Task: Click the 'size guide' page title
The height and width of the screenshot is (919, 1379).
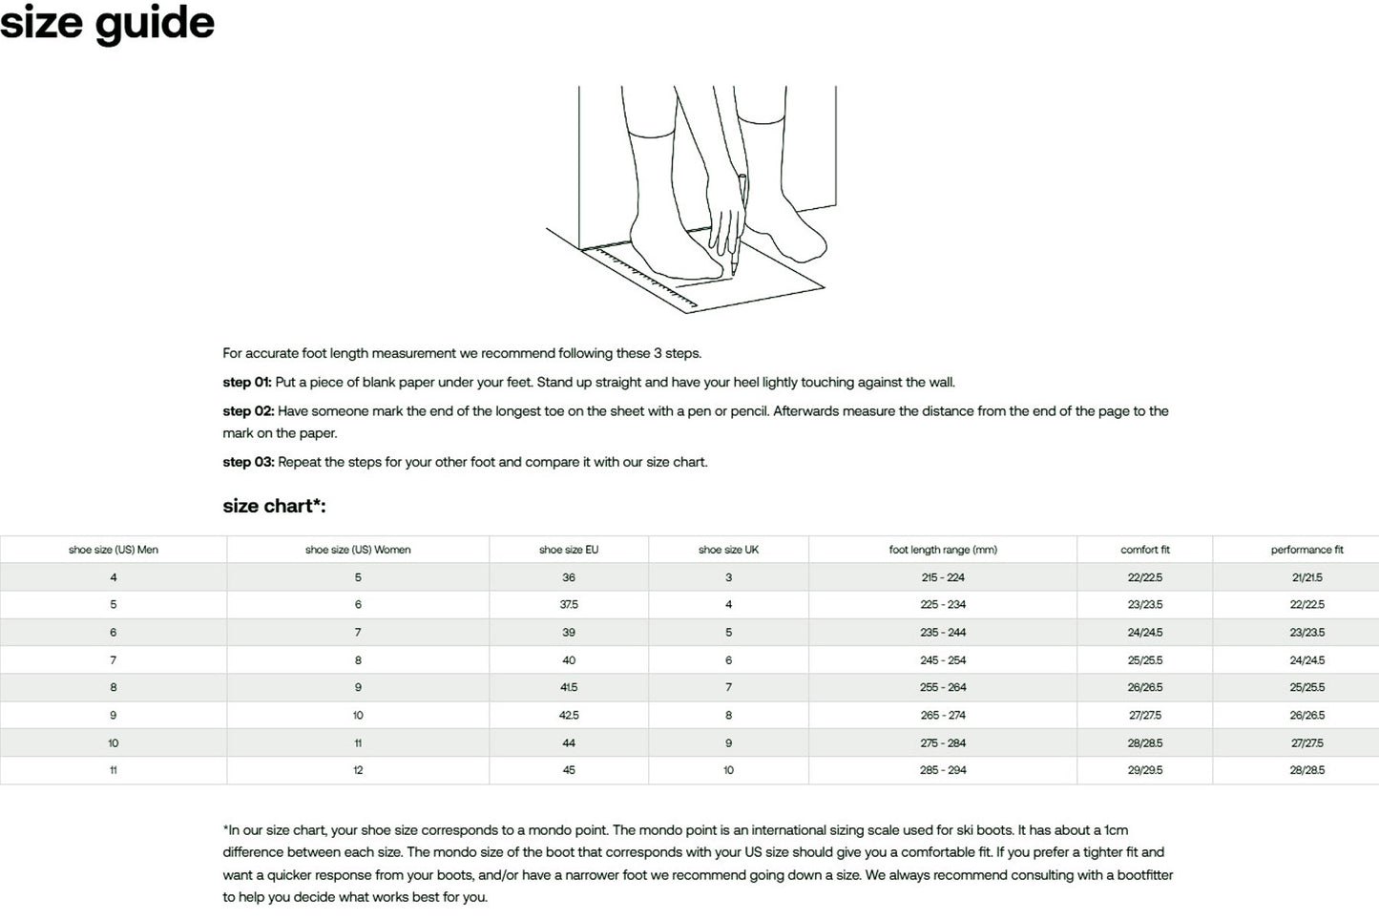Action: (x=107, y=23)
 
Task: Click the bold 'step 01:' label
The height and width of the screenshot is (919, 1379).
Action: (x=247, y=383)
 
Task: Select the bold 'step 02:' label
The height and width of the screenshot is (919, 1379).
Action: (x=248, y=411)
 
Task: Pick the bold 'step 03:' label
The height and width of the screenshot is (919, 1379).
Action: (x=248, y=462)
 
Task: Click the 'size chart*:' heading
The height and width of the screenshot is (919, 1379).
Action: (x=274, y=507)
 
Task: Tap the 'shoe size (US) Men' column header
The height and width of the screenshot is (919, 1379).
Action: (x=114, y=550)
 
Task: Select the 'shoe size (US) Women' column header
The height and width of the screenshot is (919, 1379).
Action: (x=358, y=550)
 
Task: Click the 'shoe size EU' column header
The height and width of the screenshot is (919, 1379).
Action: (x=569, y=550)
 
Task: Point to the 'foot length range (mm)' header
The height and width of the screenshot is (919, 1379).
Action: (x=943, y=550)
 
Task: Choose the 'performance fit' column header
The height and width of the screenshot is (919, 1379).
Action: (x=1306, y=550)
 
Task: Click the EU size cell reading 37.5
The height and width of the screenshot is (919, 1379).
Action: (x=569, y=605)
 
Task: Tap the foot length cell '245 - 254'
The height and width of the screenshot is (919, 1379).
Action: (x=943, y=660)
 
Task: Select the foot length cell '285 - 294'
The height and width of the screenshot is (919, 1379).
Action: (x=943, y=770)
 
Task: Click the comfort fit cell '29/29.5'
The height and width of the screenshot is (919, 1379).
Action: (x=1145, y=770)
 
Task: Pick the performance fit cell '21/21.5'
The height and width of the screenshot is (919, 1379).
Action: (x=1306, y=577)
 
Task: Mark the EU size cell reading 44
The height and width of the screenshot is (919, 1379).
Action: (x=569, y=742)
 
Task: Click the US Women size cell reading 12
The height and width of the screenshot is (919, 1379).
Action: (x=358, y=770)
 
